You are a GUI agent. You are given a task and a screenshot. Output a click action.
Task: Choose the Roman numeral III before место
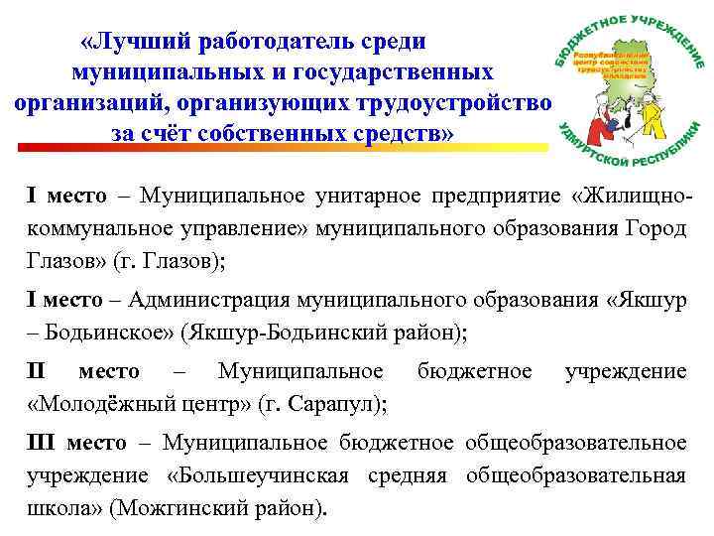pyautogui.click(x=41, y=442)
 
